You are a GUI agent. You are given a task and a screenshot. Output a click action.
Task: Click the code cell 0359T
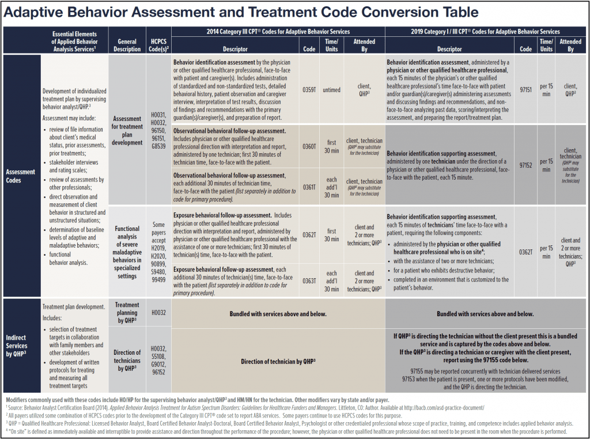coord(309,90)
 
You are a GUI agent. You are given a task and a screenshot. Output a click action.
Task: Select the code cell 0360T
coord(309,147)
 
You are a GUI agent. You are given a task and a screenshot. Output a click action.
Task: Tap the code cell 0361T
coord(309,185)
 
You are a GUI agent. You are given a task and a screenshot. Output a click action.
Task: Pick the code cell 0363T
coord(309,280)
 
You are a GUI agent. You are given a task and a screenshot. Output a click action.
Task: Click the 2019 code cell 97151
coord(525,90)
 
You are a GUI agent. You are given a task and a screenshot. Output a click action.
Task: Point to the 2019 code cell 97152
coord(525,165)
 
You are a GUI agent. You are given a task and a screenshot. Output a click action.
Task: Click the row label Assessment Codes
coord(21,176)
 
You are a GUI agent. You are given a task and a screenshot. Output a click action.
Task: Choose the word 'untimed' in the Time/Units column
coord(332,90)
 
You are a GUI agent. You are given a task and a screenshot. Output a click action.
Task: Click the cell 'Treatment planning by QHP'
coord(127,313)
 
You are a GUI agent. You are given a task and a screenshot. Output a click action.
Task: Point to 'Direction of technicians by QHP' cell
coord(127,360)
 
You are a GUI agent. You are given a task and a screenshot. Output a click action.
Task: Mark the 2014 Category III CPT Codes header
coord(278,31)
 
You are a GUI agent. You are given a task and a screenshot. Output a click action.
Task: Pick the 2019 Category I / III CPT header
coord(486,31)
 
